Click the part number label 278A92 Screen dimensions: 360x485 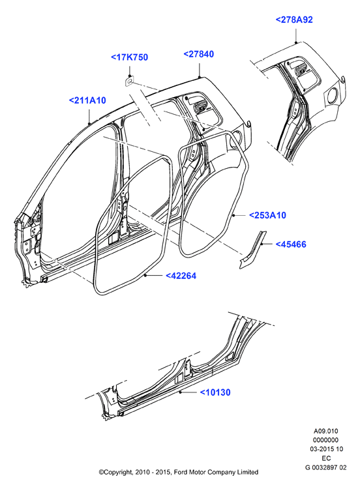pos(294,20)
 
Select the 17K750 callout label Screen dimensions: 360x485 pos(129,57)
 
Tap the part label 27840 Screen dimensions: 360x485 pos(199,54)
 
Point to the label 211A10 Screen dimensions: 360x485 pos(87,100)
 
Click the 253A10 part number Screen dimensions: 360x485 pos(268,215)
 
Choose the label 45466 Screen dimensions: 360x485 pos(291,244)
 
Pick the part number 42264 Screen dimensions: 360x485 pos(181,276)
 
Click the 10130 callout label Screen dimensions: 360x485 pos(215,392)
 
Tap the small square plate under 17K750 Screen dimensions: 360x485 pos(130,81)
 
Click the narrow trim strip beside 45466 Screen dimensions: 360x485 pos(252,249)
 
